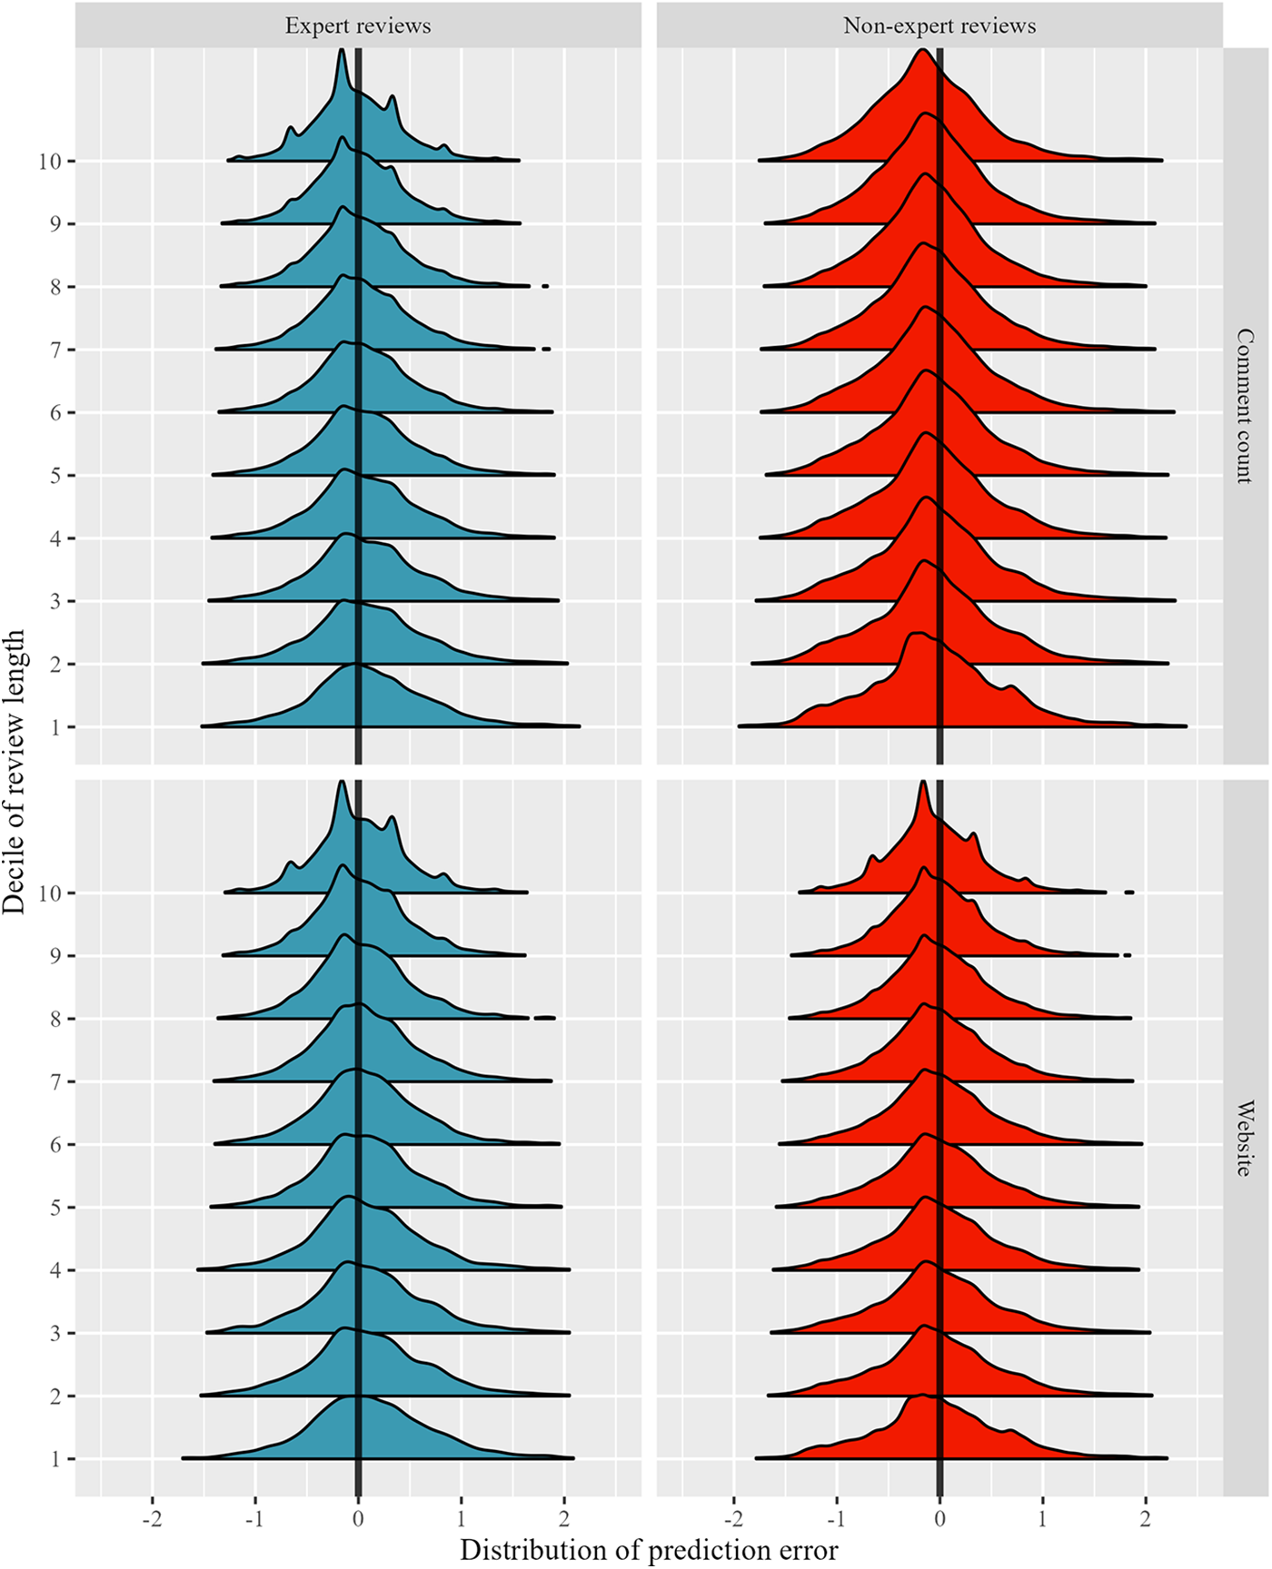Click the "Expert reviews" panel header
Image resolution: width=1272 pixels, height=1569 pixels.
[358, 25]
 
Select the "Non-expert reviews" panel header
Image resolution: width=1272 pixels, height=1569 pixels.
[939, 25]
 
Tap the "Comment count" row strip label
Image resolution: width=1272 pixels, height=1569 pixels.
[1245, 406]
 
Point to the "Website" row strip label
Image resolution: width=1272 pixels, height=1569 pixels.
[1245, 1138]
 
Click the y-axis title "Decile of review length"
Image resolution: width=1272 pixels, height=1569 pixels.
[15, 771]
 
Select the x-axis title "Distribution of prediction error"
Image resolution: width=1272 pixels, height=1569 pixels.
[649, 1549]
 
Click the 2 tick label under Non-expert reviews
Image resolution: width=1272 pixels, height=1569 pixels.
[1146, 1520]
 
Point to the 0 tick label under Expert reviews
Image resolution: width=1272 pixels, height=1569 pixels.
[358, 1520]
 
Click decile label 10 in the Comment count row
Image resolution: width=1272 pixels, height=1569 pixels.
[50, 162]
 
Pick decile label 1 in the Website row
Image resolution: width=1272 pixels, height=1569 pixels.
[56, 1459]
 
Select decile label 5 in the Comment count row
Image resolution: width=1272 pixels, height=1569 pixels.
[56, 476]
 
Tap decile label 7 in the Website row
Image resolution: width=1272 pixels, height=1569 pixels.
[56, 1082]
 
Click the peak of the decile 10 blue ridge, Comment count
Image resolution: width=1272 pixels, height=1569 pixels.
[342, 51]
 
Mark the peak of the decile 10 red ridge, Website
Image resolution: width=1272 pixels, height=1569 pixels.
[923, 782]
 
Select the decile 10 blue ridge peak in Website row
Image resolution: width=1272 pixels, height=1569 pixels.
[342, 782]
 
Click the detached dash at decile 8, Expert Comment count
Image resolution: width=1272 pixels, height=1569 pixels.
[545, 286]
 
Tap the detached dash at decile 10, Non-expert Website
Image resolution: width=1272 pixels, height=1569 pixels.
[1129, 893]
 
